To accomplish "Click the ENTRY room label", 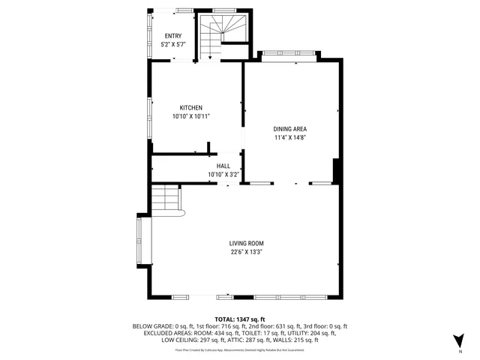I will pyautogui.click(x=173, y=36).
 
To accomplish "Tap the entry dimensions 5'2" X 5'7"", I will pyautogui.click(x=173, y=45).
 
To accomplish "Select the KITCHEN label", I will pyautogui.click(x=190, y=108).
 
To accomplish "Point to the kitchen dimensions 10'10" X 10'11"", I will pyautogui.click(x=190, y=116).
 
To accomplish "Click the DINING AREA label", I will pyautogui.click(x=289, y=129).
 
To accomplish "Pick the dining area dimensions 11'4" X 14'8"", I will pyautogui.click(x=289, y=137).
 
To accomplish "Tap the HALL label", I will pyautogui.click(x=223, y=166).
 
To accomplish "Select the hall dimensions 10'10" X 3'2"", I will pyautogui.click(x=223, y=175).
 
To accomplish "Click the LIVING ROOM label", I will pyautogui.click(x=247, y=243).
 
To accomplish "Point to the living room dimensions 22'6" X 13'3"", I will pyautogui.click(x=247, y=252).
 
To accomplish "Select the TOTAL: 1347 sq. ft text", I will pyautogui.click(x=240, y=319).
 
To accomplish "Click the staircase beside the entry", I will pyautogui.click(x=222, y=35).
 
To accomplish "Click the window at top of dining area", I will pyautogui.click(x=289, y=54).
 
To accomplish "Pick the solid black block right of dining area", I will pyautogui.click(x=337, y=171).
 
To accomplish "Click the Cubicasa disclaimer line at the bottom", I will pyautogui.click(x=240, y=349).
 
